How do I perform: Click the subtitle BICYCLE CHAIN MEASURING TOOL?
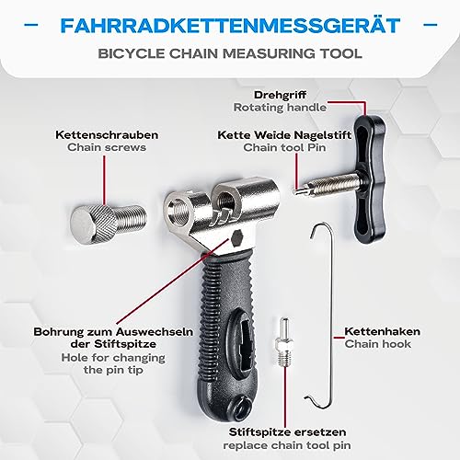click(x=230, y=53)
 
